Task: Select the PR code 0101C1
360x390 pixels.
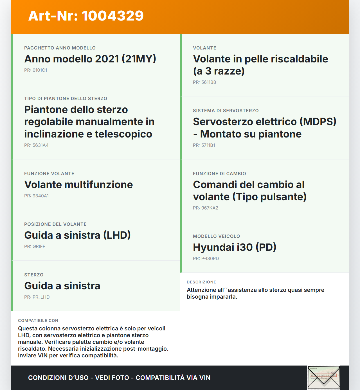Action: (x=36, y=70)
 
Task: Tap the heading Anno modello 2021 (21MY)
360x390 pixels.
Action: (x=90, y=59)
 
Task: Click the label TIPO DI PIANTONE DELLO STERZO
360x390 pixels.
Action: (x=66, y=99)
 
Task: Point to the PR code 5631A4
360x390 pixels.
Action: (x=36, y=145)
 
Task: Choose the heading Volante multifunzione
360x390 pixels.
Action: (x=78, y=184)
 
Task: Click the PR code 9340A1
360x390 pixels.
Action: (x=36, y=196)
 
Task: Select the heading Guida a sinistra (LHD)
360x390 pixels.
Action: (x=77, y=235)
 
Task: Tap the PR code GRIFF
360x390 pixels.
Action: (x=35, y=247)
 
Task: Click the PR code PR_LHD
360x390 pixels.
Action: (x=37, y=297)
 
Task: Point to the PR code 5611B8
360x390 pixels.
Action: (x=204, y=82)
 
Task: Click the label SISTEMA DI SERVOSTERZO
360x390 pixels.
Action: (x=226, y=111)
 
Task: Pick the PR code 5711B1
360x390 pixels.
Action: (x=204, y=145)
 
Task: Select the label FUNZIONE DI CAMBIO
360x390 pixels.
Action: (x=219, y=174)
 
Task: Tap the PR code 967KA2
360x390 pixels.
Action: (x=206, y=208)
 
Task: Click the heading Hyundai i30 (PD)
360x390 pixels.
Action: (x=235, y=247)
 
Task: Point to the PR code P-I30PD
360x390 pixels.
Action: (x=206, y=259)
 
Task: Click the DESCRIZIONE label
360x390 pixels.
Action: (x=201, y=282)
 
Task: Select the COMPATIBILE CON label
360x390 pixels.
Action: (x=38, y=321)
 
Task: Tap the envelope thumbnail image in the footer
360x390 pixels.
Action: (x=324, y=377)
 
